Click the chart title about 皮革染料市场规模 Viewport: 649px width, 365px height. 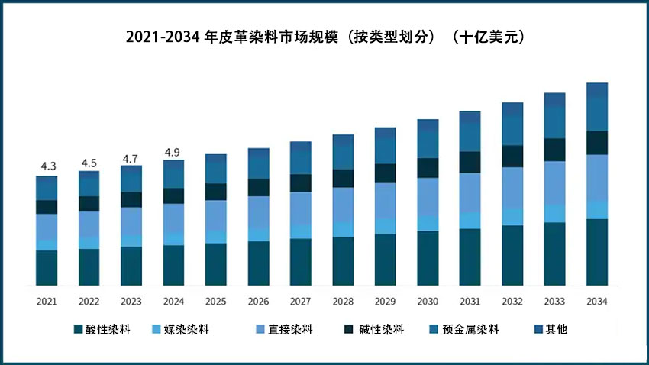pyautogui.click(x=324, y=37)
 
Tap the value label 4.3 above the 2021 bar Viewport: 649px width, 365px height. pyautogui.click(x=47, y=166)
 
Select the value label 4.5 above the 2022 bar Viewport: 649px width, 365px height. pyautogui.click(x=89, y=163)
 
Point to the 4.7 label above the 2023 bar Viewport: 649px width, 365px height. pyautogui.click(x=131, y=159)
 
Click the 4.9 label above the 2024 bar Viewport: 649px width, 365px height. pyautogui.click(x=173, y=153)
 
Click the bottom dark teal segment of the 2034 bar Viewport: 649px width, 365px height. pyautogui.click(x=597, y=252)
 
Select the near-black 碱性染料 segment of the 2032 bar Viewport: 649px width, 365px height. pyautogui.click(x=512, y=157)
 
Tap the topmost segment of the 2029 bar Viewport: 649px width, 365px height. pyautogui.click(x=386, y=134)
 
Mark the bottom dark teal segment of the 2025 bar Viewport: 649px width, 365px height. pyautogui.click(x=216, y=264)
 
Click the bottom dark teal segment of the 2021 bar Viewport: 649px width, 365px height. pyautogui.click(x=47, y=267)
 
